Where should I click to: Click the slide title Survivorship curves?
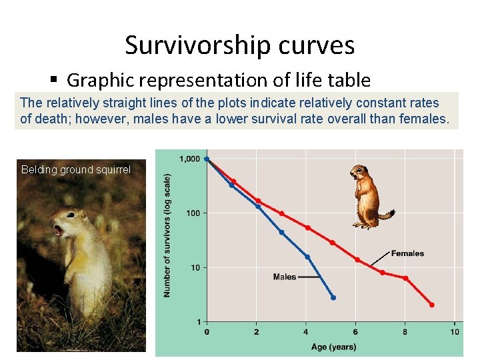239,45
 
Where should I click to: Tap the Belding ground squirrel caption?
75,169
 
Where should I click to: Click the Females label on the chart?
407,253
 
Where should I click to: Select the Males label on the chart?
285,277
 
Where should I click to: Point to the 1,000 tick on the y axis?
189,159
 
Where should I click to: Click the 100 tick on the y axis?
193,213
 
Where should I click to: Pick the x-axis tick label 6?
356,332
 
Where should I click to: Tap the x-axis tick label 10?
455,332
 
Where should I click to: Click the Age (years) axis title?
333,347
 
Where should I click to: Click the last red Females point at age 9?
431,305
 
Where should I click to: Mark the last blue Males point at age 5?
333,297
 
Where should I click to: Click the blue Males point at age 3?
281,233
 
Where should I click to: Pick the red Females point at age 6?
357,259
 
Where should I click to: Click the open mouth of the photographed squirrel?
57,231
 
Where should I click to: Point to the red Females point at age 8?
405,278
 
